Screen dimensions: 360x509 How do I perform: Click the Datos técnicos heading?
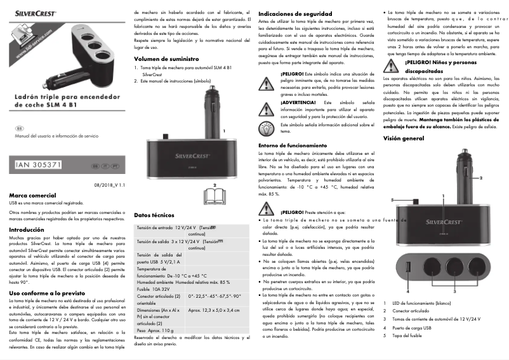tap(154, 216)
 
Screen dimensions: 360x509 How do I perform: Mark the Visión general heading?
tap(404, 138)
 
